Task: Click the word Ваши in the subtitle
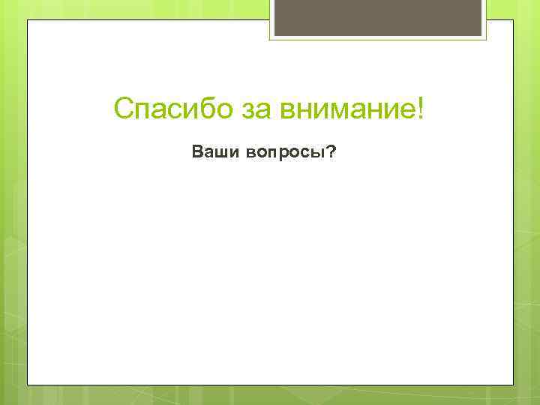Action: [213, 153]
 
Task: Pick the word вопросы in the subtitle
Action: [282, 153]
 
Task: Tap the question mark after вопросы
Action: [331, 152]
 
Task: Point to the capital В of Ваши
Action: [197, 152]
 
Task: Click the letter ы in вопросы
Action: [318, 153]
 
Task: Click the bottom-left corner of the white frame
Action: [28, 385]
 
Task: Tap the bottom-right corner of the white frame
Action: [514, 385]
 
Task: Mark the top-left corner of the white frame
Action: [28, 20]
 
